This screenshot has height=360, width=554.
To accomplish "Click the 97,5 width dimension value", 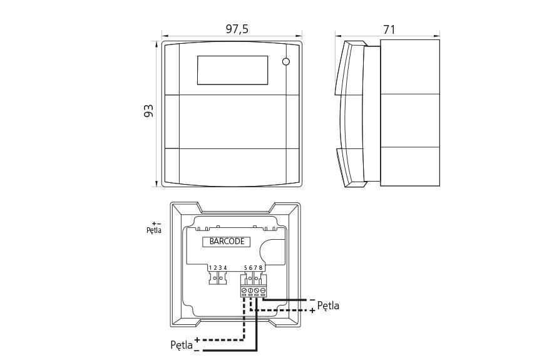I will pos(232,29).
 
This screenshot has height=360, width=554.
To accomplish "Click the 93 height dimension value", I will pos(148,111).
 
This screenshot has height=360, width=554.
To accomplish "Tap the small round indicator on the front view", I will pos(286,62).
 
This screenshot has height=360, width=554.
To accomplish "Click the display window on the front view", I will pos(233,70).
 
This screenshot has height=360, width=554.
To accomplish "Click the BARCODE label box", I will pos(226,241).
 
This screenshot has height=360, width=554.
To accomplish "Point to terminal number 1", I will pos(210,267).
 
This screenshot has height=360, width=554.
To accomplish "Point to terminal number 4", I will pos(225,267).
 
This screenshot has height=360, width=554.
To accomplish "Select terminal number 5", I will pos(245,267).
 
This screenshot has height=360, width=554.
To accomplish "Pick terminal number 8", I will pos(261,267).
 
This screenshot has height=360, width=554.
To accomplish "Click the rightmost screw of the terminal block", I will pos(263,291).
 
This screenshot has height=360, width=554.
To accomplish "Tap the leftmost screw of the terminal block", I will pos(244,291).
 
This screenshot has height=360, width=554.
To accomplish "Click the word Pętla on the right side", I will pos(328,306).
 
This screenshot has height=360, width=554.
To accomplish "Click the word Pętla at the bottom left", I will pos(182,344).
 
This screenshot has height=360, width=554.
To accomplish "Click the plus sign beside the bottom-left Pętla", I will pos(197,340).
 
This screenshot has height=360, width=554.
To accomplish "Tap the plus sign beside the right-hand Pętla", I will pos(312,311).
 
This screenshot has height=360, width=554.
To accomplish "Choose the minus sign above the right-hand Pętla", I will pos(312,300).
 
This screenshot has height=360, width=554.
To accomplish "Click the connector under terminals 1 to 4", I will pos(217,277).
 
